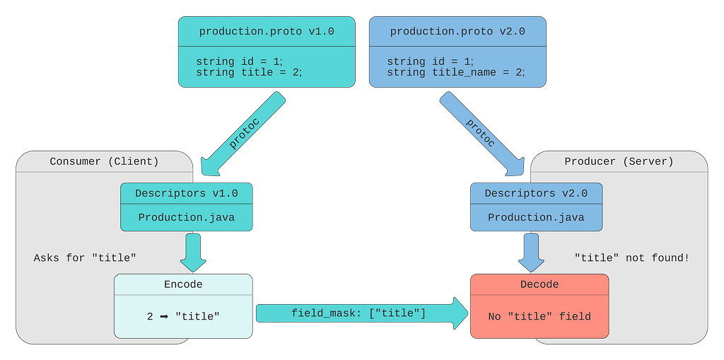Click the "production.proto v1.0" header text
click(x=267, y=32)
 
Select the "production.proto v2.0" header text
click(x=457, y=32)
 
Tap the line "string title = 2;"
click(x=249, y=73)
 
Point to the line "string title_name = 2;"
click(x=456, y=73)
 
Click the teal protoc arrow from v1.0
click(x=243, y=134)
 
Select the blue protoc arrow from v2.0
click(x=481, y=134)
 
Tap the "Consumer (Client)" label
click(x=104, y=161)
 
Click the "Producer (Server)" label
click(x=619, y=161)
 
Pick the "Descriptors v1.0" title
click(x=187, y=193)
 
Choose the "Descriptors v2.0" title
click(x=536, y=193)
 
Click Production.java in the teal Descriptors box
click(x=187, y=217)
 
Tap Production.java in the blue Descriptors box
click(x=536, y=217)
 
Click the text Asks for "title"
click(x=85, y=257)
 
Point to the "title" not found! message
click(x=631, y=257)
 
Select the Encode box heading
click(x=183, y=284)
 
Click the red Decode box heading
click(x=539, y=284)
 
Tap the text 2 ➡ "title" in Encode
click(x=183, y=317)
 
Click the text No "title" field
click(x=539, y=317)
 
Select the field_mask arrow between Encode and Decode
click(x=362, y=313)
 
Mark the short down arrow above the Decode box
click(x=532, y=252)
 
